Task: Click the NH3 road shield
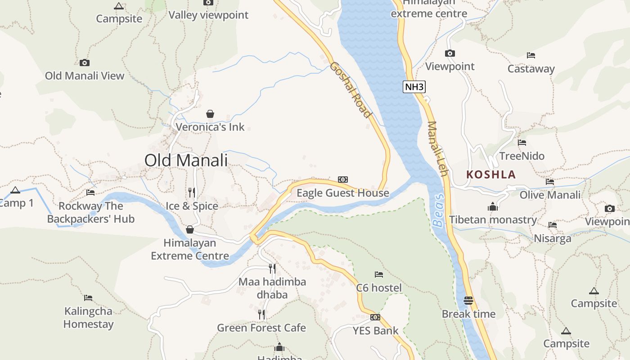[414, 87]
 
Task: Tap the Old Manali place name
[186, 160]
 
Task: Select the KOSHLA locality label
[491, 175]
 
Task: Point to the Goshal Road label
[351, 90]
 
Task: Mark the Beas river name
[438, 210]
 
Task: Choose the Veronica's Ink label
[210, 127]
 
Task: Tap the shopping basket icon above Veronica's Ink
[210, 114]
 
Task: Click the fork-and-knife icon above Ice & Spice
[192, 193]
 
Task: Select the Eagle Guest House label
[343, 193]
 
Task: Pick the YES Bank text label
[375, 331]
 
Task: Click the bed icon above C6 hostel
[379, 274]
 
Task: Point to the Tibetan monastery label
[493, 220]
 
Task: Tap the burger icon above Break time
[468, 301]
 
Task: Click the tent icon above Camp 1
[15, 190]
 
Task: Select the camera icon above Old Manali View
[85, 63]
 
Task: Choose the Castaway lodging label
[531, 69]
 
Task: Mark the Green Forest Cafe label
[261, 328]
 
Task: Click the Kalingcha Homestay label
[88, 318]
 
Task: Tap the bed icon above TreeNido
[522, 143]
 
